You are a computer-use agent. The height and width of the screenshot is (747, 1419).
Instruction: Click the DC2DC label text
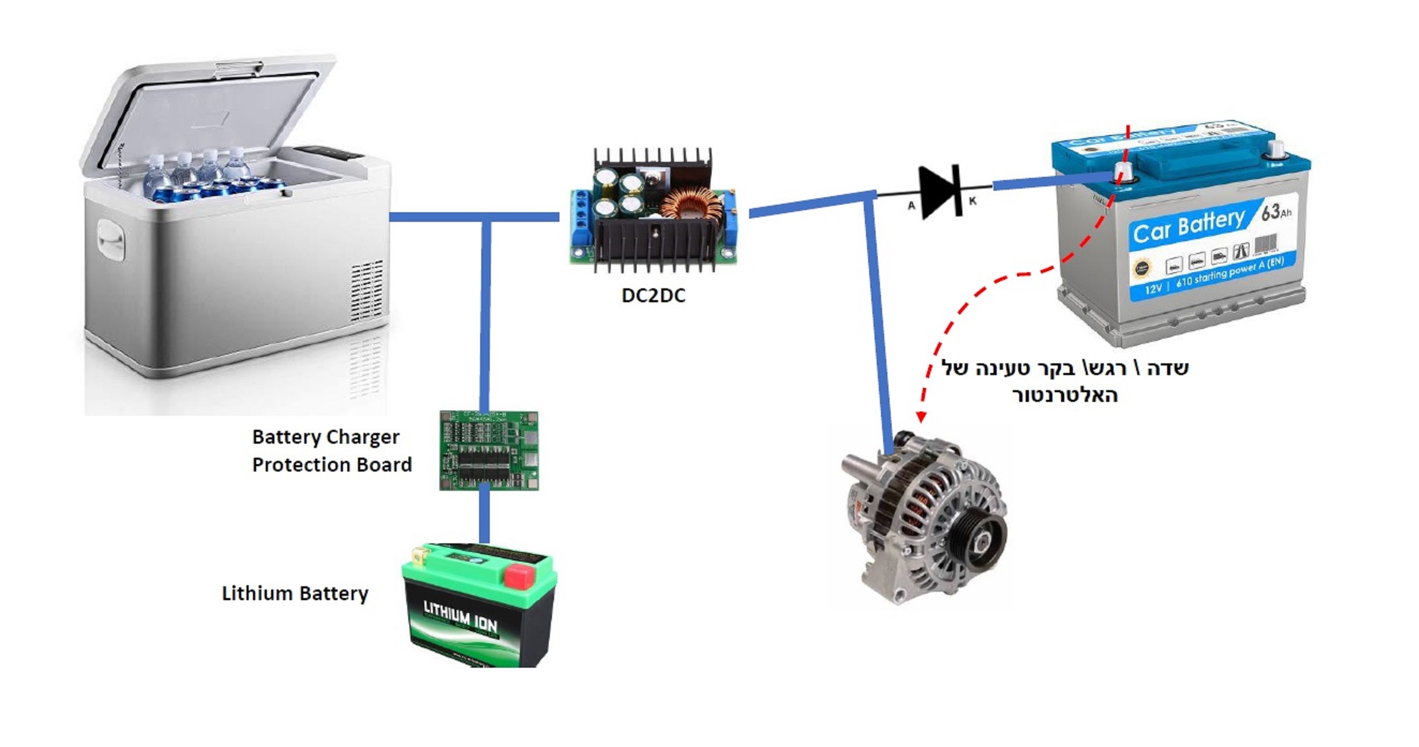[x=653, y=296]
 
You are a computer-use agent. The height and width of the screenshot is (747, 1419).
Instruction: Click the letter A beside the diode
[x=911, y=205]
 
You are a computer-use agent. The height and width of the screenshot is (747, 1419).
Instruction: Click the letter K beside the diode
[x=973, y=201]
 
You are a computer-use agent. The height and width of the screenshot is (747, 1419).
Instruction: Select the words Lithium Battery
[x=295, y=593]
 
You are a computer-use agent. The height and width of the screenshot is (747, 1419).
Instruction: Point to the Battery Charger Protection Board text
[x=331, y=451]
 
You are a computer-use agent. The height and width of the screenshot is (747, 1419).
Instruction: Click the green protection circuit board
[x=489, y=450]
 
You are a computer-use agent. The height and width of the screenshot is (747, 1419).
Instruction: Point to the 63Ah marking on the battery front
[x=1276, y=212]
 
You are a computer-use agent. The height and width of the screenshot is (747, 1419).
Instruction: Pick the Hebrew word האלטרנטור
[x=1064, y=395]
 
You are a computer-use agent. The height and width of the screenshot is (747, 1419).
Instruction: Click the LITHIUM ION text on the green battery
[x=460, y=616]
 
